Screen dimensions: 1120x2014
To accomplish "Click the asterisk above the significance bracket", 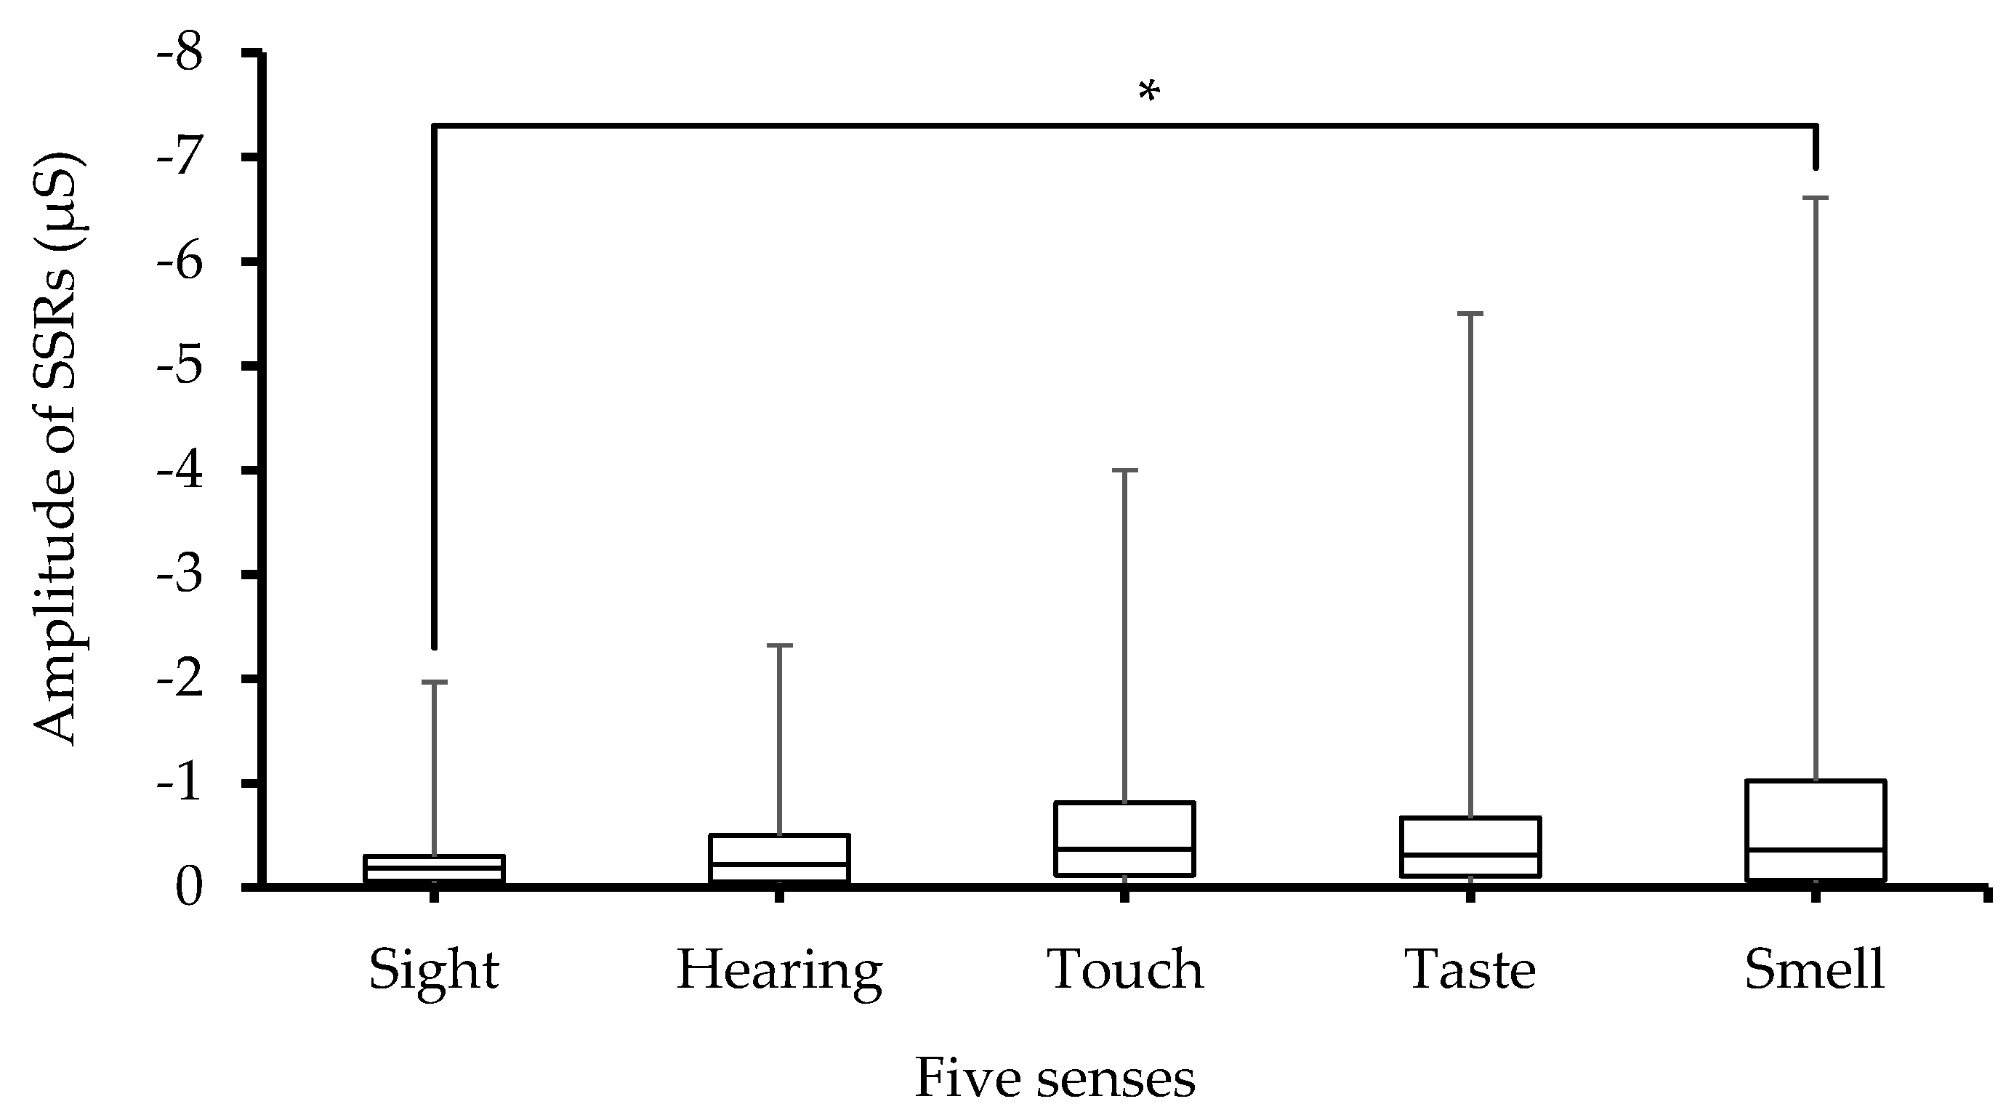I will tap(1148, 93).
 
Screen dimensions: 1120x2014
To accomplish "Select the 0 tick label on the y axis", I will tap(189, 888).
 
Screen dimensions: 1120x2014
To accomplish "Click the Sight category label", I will tap(434, 970).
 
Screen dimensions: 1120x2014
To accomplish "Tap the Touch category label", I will tap(1124, 970).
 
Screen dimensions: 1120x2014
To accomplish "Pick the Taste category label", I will tap(1470, 970).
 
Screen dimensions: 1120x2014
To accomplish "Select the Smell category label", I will tap(1814, 970).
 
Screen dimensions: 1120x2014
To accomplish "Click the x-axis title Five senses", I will tap(1054, 1079).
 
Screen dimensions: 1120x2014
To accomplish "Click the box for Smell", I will tap(1816, 813).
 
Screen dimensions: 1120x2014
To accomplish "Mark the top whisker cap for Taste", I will tap(1470, 313).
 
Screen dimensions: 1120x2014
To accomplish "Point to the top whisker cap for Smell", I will tap(1816, 198).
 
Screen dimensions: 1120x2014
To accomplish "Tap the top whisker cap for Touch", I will tap(1124, 470).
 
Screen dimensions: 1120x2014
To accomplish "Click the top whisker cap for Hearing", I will tap(778, 645).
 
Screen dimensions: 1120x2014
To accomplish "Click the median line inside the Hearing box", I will tap(778, 864).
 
